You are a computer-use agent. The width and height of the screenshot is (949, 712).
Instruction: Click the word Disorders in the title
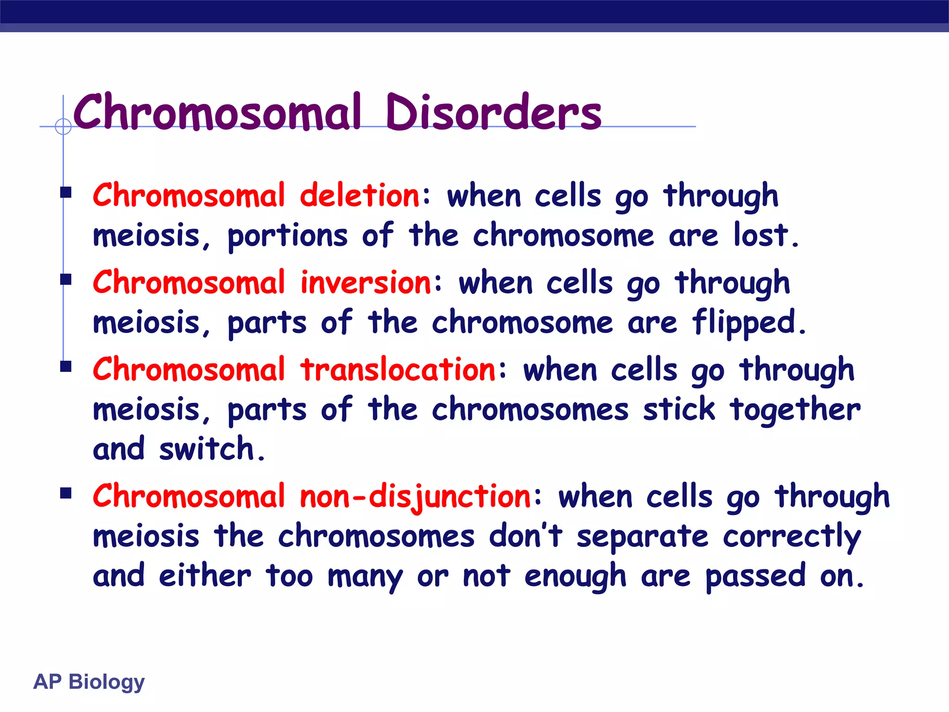tap(493, 112)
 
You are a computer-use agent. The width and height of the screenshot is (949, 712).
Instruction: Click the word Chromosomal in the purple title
tap(217, 112)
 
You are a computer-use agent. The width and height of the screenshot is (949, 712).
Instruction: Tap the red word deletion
tap(360, 196)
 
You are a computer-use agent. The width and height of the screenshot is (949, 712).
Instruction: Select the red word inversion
tap(366, 283)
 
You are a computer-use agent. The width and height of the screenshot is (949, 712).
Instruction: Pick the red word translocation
tap(399, 370)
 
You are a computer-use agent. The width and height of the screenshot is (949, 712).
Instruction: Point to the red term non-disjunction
tap(416, 496)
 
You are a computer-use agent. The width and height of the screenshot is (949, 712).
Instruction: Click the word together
tap(795, 410)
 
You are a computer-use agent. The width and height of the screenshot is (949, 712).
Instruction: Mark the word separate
tap(642, 537)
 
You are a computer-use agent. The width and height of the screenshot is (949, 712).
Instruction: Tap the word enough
tap(575, 577)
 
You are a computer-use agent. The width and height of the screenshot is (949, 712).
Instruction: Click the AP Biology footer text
tap(89, 682)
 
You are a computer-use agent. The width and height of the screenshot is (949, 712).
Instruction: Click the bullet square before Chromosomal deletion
tap(66, 192)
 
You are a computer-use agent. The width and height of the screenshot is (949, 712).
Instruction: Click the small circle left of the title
tap(63, 126)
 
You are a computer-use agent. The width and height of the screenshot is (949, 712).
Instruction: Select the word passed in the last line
tap(755, 577)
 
